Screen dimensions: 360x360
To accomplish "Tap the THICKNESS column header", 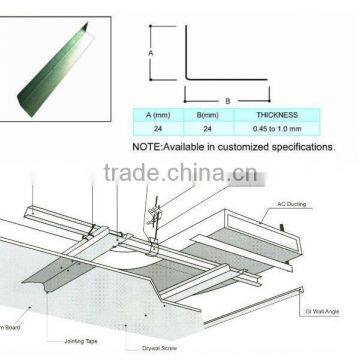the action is [276, 117].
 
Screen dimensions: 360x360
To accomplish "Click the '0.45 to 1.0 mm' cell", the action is [276, 130].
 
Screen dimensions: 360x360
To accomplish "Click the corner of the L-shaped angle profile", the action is [185, 91].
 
